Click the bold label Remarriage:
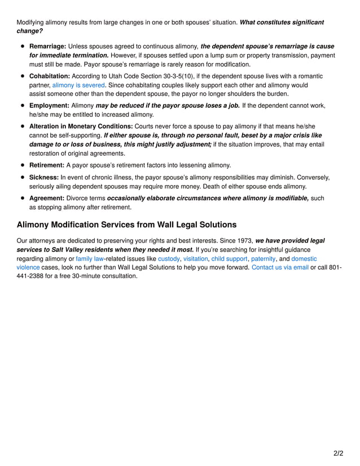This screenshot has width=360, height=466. coord(47,46)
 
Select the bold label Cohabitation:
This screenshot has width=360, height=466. coord(49,76)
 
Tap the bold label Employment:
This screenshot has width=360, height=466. coord(49,105)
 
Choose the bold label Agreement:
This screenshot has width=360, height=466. coord(47,198)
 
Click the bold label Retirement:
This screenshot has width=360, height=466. coord(47,165)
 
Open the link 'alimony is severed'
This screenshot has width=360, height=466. coord(78,85)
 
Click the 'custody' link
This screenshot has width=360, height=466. coord(169,258)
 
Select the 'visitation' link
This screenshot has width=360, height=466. coord(196,258)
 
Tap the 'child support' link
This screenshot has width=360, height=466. coord(229,258)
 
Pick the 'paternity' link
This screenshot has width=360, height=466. coord(263,258)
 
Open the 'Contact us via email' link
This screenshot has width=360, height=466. coord(280,267)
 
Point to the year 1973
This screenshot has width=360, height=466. coord(243,240)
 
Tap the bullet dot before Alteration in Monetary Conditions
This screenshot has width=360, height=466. coord(23,126)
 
